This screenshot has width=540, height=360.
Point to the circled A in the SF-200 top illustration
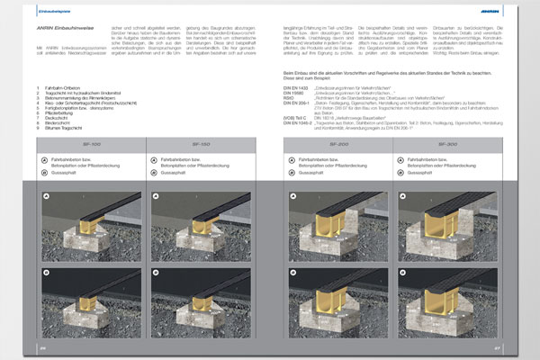(293, 193)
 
